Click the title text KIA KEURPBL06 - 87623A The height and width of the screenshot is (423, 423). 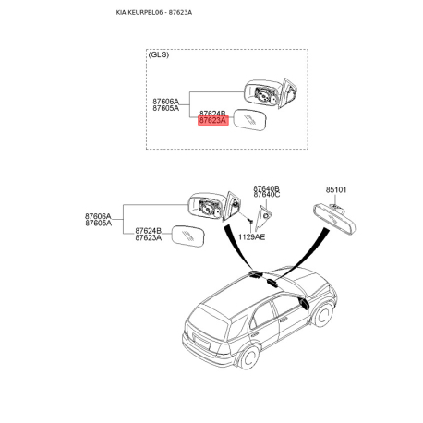click(x=154, y=12)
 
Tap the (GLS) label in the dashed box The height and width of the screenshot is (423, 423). click(x=159, y=54)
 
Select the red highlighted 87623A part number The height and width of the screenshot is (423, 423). click(x=212, y=120)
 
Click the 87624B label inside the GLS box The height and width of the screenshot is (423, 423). click(x=212, y=114)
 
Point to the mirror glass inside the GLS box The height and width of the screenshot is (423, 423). click(x=249, y=120)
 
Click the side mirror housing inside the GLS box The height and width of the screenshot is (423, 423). click(x=271, y=93)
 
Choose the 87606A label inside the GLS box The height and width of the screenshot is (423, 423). click(x=165, y=102)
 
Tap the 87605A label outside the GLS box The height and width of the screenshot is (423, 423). click(x=99, y=223)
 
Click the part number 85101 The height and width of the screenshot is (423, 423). click(x=336, y=190)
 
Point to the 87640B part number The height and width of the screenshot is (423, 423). click(x=267, y=188)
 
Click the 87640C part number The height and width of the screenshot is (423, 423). click(x=267, y=195)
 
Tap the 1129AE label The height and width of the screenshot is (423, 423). click(x=251, y=236)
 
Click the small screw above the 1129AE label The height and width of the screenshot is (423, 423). click(x=250, y=221)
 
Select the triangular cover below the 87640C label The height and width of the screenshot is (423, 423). click(x=263, y=217)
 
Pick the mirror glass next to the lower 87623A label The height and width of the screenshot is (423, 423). click(x=187, y=236)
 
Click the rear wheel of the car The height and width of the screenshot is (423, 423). click(x=249, y=357)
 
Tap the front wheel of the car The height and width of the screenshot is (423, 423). click(x=323, y=315)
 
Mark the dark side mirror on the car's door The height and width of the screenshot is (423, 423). click(x=303, y=303)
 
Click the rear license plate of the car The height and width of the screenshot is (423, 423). click(x=201, y=342)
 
